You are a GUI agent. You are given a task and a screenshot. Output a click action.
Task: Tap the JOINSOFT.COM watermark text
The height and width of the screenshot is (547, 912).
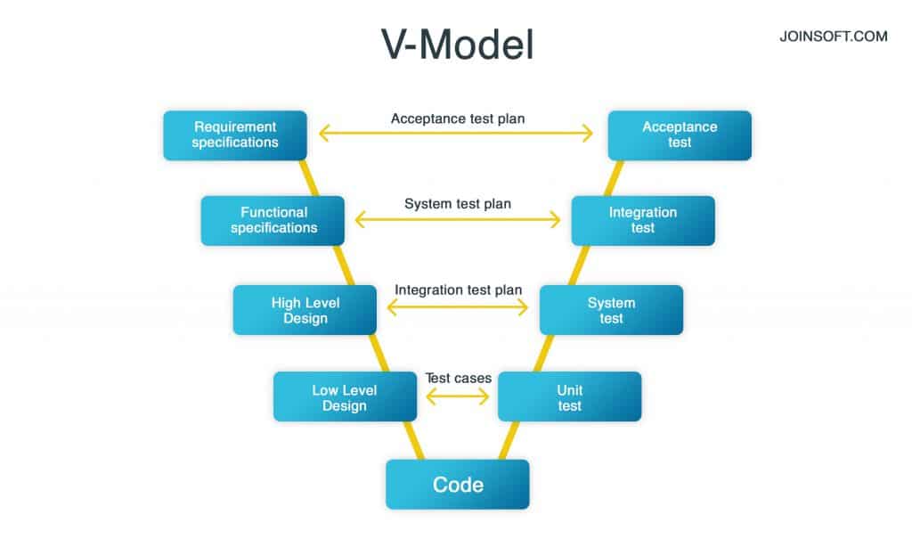(832, 37)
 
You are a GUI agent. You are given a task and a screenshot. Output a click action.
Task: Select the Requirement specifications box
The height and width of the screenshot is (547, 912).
(235, 135)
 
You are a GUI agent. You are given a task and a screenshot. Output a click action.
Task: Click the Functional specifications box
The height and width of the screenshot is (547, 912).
(273, 220)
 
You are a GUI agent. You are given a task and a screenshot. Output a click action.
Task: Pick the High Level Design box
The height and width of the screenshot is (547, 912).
(305, 310)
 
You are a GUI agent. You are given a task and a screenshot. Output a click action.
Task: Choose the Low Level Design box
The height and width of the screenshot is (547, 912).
(345, 397)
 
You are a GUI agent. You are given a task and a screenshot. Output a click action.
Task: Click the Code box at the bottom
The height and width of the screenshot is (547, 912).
(457, 485)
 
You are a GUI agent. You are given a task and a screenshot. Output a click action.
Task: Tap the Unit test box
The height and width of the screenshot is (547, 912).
(569, 397)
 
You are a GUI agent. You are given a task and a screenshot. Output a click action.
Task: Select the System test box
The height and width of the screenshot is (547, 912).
(611, 310)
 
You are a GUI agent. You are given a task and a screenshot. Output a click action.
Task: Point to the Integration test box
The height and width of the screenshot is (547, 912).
(642, 220)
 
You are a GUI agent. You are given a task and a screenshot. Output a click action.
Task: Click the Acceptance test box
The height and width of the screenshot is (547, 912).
(680, 135)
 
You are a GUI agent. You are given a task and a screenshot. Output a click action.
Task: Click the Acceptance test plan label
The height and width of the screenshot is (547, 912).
(457, 118)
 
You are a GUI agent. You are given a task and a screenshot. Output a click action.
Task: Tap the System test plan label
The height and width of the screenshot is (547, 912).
(458, 204)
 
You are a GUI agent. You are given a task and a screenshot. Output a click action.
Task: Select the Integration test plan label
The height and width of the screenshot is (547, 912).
(458, 290)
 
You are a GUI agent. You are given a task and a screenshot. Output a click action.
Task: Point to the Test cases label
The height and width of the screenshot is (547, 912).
(458, 378)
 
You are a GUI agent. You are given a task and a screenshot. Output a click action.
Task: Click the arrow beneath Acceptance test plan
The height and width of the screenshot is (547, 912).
(456, 134)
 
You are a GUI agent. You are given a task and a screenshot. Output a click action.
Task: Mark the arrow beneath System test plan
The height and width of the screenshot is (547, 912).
(458, 219)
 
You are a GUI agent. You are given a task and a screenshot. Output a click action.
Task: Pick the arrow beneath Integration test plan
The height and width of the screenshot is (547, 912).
(458, 306)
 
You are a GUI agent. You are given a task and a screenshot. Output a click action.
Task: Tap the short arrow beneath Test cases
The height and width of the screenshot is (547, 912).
(458, 396)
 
